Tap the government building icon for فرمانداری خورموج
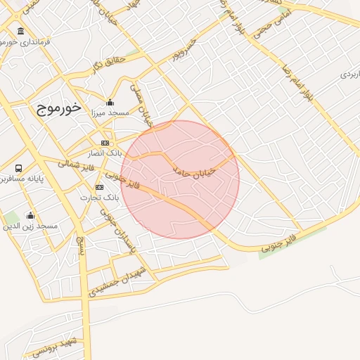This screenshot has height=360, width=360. (x=20, y=32)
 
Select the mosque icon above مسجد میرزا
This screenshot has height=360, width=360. (x=109, y=102)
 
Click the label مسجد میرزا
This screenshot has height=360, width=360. (x=109, y=112)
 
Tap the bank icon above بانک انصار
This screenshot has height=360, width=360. (x=105, y=143)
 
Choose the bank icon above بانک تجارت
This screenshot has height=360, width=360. (x=99, y=187)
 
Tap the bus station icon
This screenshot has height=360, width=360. (x=18, y=168)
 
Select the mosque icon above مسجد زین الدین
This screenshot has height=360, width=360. (x=30, y=215)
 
